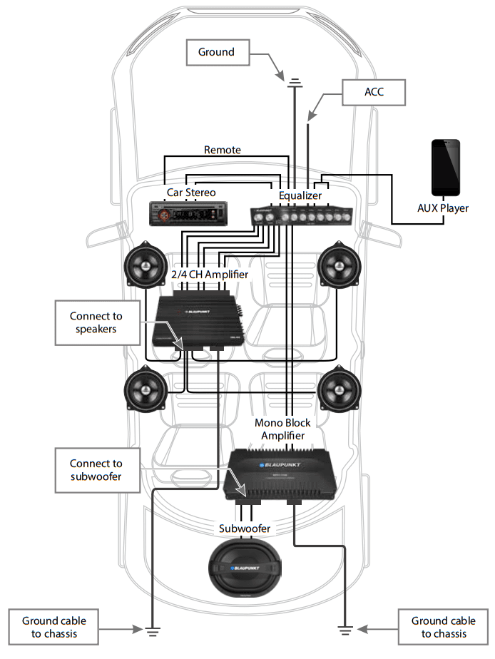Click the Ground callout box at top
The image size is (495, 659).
click(216, 52)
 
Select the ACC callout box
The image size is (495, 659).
click(374, 92)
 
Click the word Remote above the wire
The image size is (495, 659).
click(223, 150)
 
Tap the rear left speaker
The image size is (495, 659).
click(146, 389)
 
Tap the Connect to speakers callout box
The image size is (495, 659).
click(96, 322)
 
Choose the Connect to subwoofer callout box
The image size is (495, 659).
click(96, 470)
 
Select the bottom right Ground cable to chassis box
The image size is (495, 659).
click(443, 627)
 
